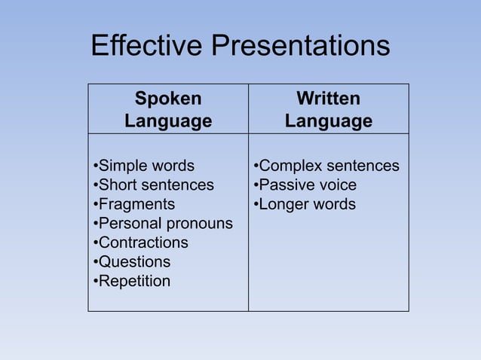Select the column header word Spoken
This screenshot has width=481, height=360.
(168, 99)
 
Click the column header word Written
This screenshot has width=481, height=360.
(328, 99)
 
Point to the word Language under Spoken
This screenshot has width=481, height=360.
(168, 121)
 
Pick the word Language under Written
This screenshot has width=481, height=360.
(328, 121)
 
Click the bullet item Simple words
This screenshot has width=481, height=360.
(143, 166)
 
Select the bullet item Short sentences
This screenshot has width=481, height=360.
(153, 185)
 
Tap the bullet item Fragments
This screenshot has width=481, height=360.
(133, 204)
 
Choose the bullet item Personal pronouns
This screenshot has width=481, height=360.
(163, 224)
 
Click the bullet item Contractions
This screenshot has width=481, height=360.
(140, 243)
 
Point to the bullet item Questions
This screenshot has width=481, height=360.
(131, 262)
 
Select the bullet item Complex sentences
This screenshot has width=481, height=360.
(326, 166)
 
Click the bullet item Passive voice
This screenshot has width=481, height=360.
(305, 185)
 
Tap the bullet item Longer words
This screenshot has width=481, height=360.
(304, 204)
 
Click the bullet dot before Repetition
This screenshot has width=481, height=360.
(95, 282)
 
